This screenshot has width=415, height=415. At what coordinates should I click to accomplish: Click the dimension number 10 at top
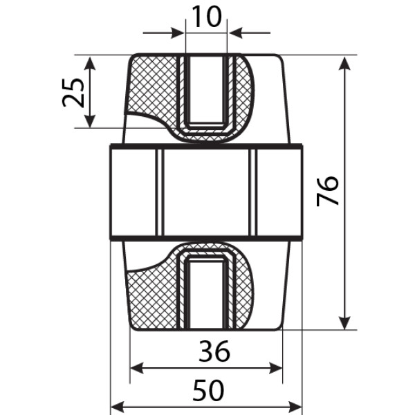[206, 17]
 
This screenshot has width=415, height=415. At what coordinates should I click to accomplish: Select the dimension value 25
[73, 93]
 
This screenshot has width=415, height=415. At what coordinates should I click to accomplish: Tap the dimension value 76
[327, 191]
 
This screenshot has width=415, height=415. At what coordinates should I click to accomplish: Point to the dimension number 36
[214, 351]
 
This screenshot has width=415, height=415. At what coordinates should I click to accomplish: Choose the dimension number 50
[208, 390]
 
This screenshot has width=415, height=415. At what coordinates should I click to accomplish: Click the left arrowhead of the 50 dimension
[118, 407]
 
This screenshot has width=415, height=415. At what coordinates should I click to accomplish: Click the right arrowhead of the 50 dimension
[295, 407]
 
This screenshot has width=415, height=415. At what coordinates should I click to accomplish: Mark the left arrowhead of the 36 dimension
[138, 368]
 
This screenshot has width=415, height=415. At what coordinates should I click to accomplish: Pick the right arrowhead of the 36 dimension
[275, 368]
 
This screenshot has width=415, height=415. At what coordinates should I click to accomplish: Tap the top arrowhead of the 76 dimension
[344, 63]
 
